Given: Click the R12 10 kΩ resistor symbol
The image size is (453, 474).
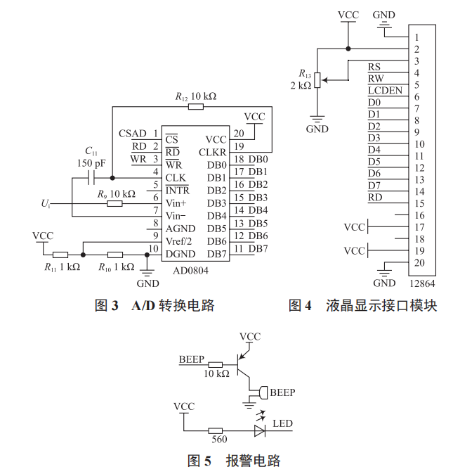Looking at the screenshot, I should tap(196, 107).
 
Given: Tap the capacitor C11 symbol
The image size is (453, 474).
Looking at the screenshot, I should tap(91, 178).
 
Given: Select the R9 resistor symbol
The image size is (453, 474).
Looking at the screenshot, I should tap(114, 204).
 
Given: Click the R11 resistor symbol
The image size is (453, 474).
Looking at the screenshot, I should tap(61, 255).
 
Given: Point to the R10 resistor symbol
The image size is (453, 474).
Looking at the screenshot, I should tap(115, 255).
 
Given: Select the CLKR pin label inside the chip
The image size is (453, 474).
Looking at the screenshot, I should tap(213, 152).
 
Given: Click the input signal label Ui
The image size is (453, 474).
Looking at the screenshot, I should tap(46, 204).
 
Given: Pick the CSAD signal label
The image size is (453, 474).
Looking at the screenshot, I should tap(133, 134).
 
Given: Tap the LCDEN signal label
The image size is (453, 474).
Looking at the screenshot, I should tap(385, 91).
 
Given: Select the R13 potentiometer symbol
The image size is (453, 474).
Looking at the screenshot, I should tap(317, 79).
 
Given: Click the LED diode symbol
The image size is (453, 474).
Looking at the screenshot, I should tap(260, 430).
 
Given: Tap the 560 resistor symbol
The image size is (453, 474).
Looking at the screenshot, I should tap(216, 430).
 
